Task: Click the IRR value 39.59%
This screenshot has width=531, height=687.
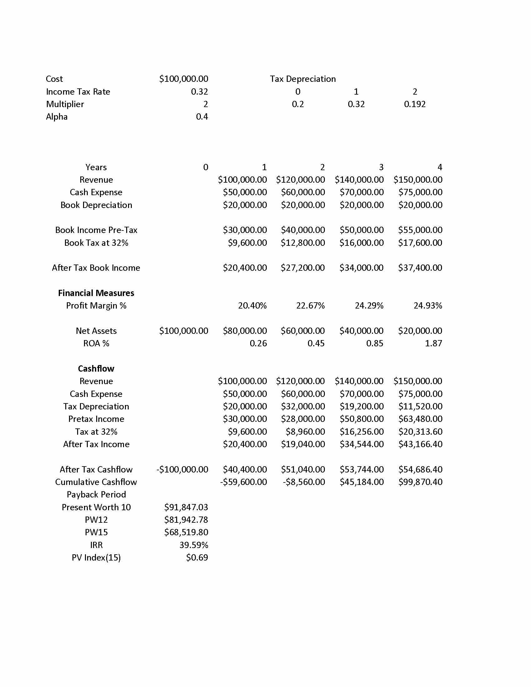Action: coord(193,545)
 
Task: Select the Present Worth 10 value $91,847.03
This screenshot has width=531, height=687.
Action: coord(186,507)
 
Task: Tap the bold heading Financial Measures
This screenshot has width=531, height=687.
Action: coord(96,293)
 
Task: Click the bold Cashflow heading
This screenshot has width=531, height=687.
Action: coord(96,368)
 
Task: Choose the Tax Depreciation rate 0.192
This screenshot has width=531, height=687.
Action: coord(414,104)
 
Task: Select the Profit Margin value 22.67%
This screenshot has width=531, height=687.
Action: coord(310,305)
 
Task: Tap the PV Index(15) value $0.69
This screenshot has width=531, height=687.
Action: coord(197,557)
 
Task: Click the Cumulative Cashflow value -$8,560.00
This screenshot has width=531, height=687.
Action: coord(304,482)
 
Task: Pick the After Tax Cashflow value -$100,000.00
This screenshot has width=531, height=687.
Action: coord(182,469)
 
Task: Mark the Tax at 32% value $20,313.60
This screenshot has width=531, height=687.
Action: coord(420,432)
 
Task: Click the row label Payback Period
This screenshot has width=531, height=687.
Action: coord(96,495)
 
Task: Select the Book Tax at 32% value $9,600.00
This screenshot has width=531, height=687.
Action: coord(247,243)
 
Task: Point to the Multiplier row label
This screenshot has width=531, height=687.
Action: coord(65,104)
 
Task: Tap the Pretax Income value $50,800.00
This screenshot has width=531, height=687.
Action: coord(361,419)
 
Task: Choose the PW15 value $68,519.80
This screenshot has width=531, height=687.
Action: coord(186,532)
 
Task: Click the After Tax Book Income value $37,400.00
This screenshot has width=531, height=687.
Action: coord(420,268)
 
